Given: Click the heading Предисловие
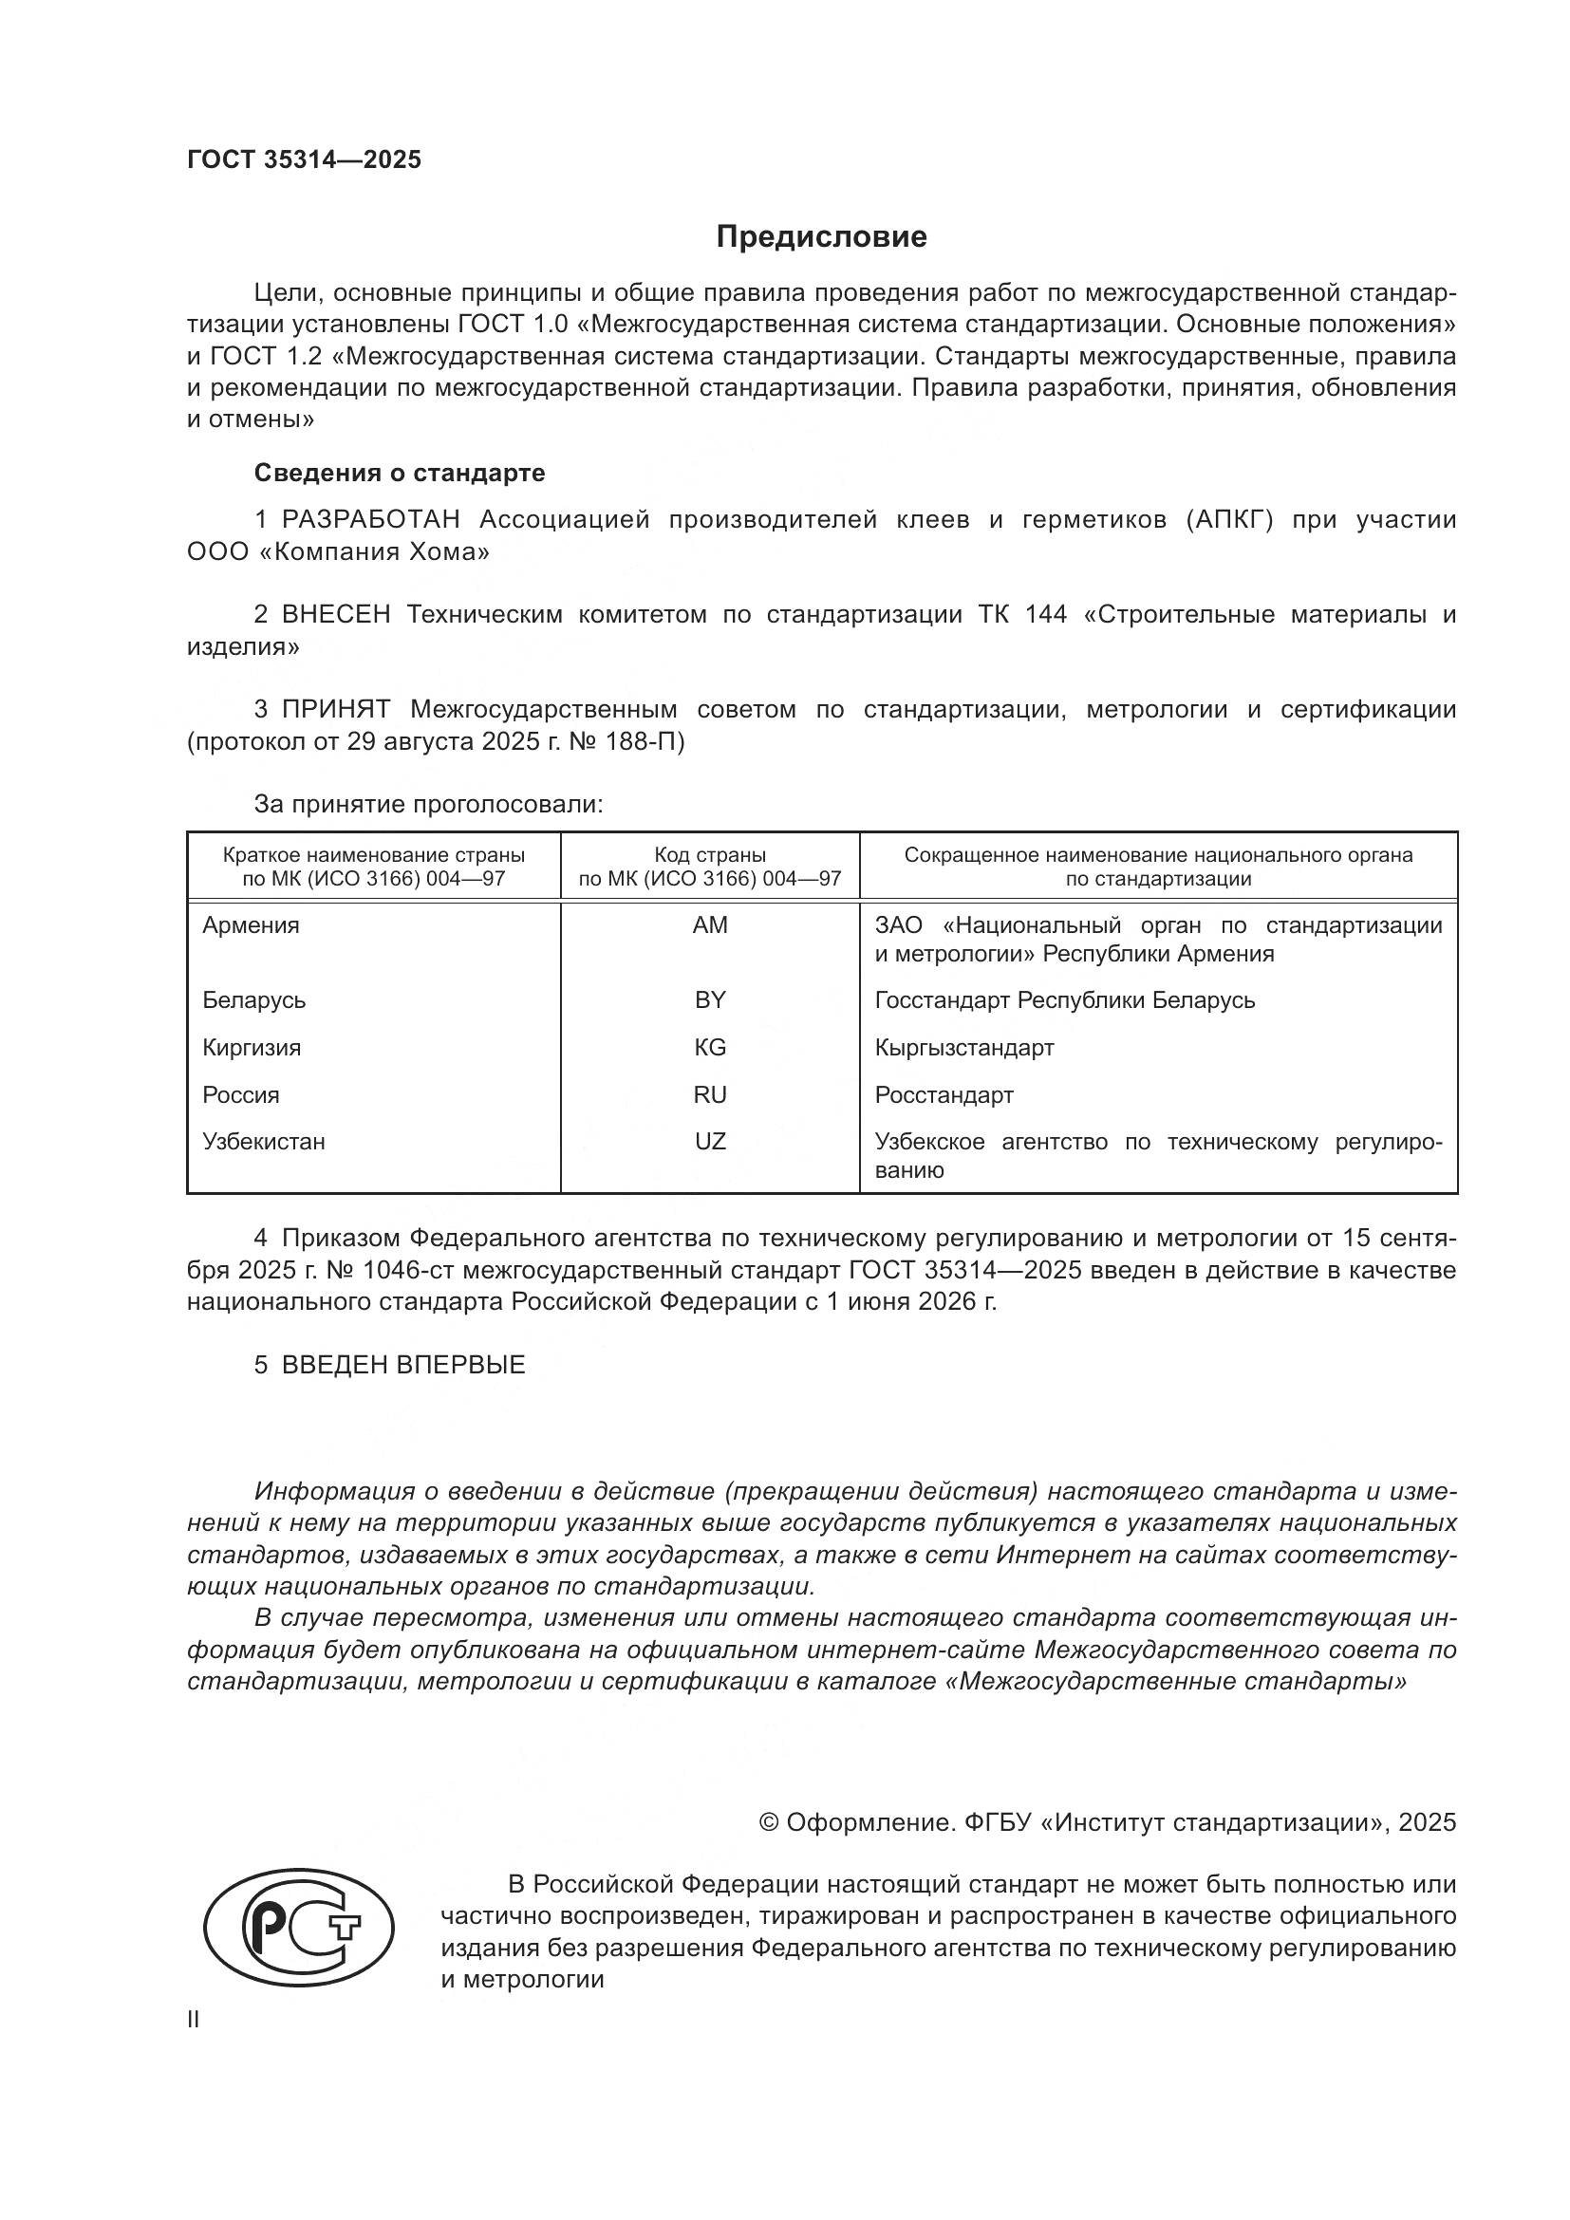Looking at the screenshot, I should point(821,237).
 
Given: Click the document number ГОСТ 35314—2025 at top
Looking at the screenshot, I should point(305,159).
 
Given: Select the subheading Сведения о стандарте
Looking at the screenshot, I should point(400,473).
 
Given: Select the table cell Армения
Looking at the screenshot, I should point(252,925).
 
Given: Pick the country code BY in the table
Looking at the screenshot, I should point(710,999).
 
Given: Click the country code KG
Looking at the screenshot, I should point(710,1047).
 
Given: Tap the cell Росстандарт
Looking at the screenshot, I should point(944,1094).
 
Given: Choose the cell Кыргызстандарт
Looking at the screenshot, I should point(963,1047).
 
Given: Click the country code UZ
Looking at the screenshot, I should point(710,1141).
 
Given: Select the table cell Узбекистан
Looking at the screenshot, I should point(264,1141).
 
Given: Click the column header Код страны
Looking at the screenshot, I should point(710,855).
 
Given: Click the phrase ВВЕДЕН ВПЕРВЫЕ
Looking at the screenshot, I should point(403,1364).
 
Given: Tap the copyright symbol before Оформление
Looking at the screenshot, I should point(769,1822).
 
